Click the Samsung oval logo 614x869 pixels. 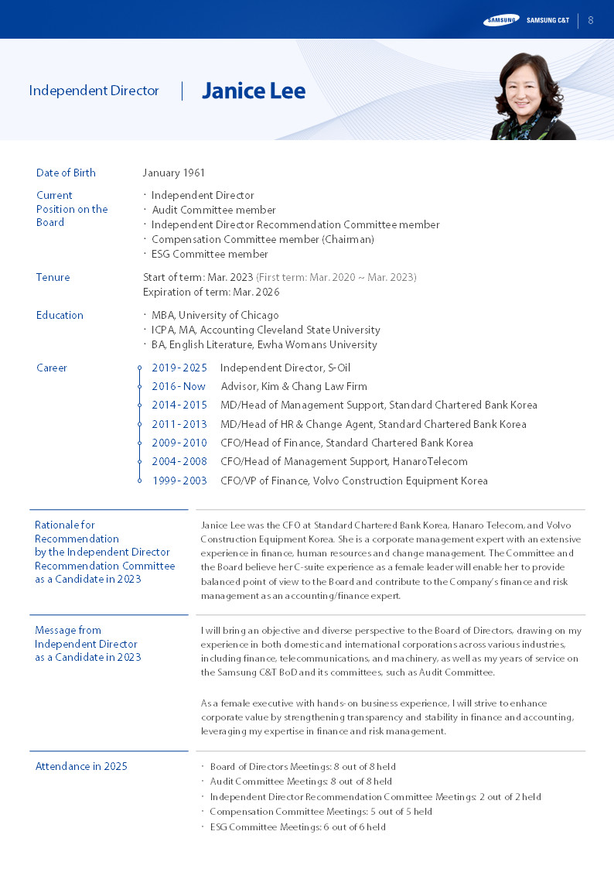501,20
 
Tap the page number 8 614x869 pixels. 591,20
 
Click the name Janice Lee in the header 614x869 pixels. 254,91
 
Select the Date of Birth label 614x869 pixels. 66,173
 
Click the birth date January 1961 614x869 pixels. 174,173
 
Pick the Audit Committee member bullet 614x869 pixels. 213,210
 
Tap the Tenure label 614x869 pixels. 53,278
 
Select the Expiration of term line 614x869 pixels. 211,293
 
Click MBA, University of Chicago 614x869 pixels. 215,316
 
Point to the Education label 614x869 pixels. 60,316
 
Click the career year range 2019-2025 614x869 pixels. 179,368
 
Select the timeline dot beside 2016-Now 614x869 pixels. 139,387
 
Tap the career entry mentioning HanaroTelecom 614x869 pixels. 343,462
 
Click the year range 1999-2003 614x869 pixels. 179,481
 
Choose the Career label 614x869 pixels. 52,368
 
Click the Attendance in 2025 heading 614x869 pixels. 81,767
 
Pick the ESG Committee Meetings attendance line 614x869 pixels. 297,827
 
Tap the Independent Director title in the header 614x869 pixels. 94,91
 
